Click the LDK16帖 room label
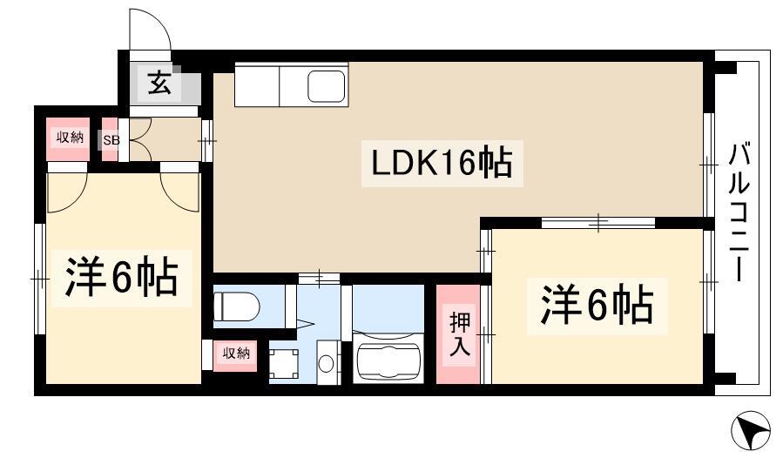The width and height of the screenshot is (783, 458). (x=442, y=163)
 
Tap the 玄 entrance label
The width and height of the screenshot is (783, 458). (x=159, y=84)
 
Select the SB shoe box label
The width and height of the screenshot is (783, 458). (x=111, y=140)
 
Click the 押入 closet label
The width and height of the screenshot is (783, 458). (x=459, y=334)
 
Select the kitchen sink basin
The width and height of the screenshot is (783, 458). (x=326, y=86)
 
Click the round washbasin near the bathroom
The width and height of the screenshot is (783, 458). (x=326, y=363)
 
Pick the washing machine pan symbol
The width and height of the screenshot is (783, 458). (x=284, y=363)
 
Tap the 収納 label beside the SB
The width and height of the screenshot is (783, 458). (x=70, y=137)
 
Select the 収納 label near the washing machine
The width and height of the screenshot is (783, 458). (x=236, y=354)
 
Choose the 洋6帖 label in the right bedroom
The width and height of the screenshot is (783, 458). (x=597, y=304)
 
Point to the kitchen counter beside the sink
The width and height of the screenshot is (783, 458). (x=257, y=84)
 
